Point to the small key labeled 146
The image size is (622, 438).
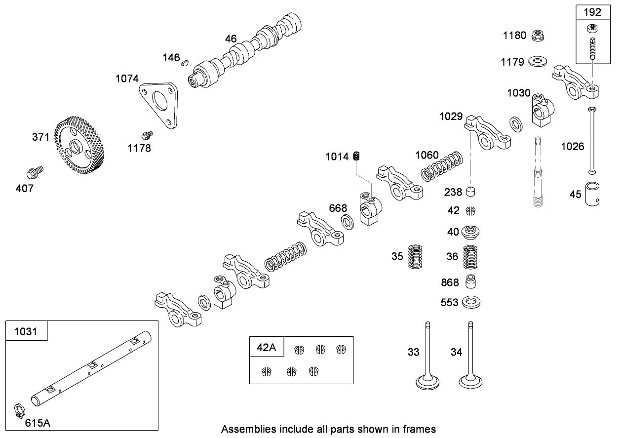[185, 62]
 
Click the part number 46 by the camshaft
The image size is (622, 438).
[231, 39]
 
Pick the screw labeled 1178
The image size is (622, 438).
[146, 134]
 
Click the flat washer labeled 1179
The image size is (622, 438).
[537, 62]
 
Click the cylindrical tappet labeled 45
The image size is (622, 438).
[592, 194]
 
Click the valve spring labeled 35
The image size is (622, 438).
[417, 256]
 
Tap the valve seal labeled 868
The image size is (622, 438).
[471, 282]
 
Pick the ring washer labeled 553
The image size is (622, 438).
[471, 302]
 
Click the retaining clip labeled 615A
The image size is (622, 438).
[19, 411]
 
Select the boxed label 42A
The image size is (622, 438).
[267, 347]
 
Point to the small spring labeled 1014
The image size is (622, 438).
[358, 157]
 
